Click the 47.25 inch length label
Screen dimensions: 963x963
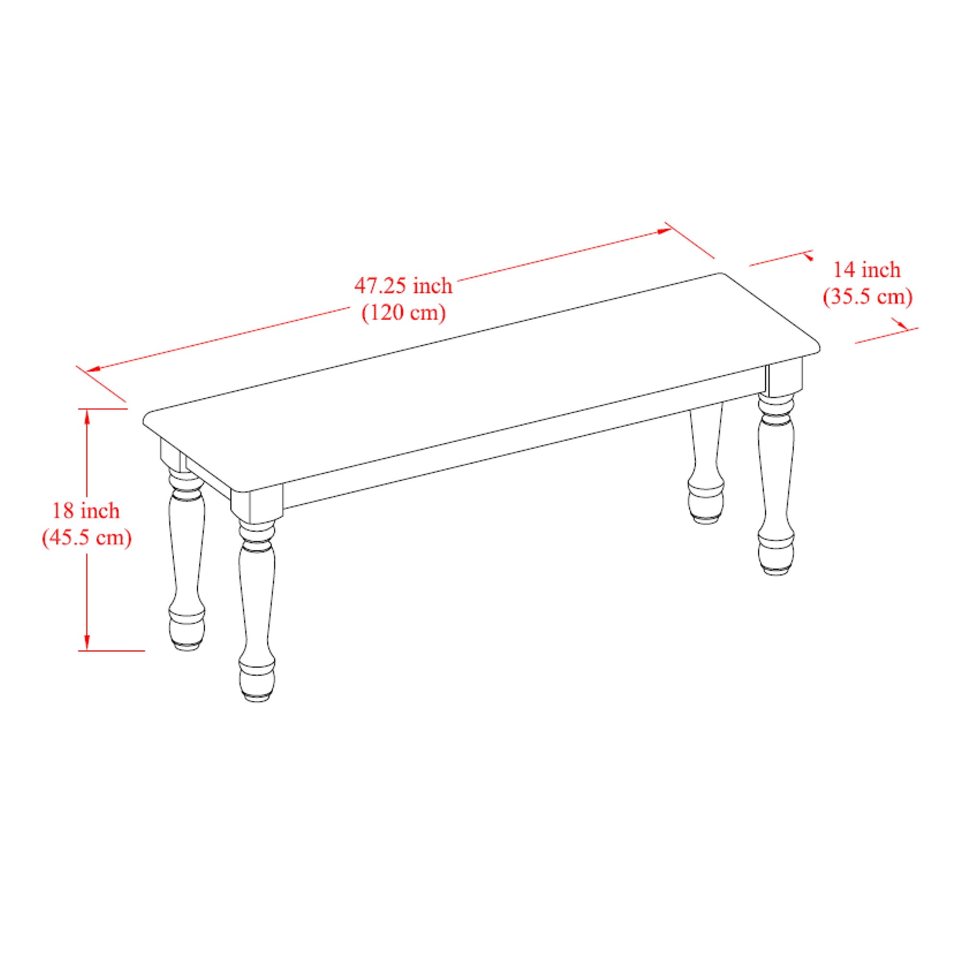click(x=403, y=286)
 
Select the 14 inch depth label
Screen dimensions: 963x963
click(x=867, y=270)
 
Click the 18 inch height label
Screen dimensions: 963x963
click(x=86, y=510)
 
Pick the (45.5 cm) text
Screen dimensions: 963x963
click(x=86, y=537)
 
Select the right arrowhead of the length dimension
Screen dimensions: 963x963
click(x=664, y=231)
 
